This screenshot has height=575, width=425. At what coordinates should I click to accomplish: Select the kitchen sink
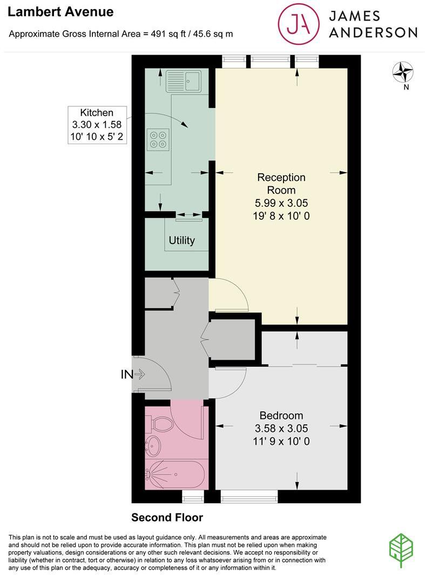[x=184, y=81]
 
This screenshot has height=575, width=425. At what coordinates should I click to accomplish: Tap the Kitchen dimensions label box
[x=97, y=125]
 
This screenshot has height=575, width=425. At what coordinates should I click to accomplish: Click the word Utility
[x=181, y=240]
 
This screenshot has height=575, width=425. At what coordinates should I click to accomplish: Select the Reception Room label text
[x=281, y=184]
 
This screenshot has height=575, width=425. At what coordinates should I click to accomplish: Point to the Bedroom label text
[x=281, y=416]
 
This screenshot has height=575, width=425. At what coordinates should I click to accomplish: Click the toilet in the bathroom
[x=160, y=424]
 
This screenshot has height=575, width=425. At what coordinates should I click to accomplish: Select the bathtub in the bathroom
[x=176, y=474]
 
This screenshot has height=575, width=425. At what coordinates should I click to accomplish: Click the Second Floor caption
[x=167, y=518]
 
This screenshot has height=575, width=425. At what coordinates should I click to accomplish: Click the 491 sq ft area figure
[x=160, y=33]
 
